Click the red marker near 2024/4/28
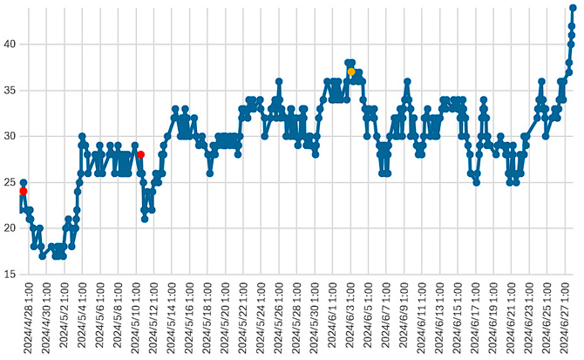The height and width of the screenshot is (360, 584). coord(24,191)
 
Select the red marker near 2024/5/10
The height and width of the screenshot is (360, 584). coord(140,154)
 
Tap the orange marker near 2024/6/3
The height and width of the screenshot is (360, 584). coord(351,71)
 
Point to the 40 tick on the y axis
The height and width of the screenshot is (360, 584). coord(9,44)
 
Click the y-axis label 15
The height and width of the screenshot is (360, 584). coord(9,275)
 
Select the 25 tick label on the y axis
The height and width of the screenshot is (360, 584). coord(9,182)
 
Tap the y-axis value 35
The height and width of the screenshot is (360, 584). coord(9,90)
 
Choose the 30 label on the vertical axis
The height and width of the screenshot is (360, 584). coord(9,136)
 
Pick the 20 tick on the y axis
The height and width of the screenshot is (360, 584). coord(9,228)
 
